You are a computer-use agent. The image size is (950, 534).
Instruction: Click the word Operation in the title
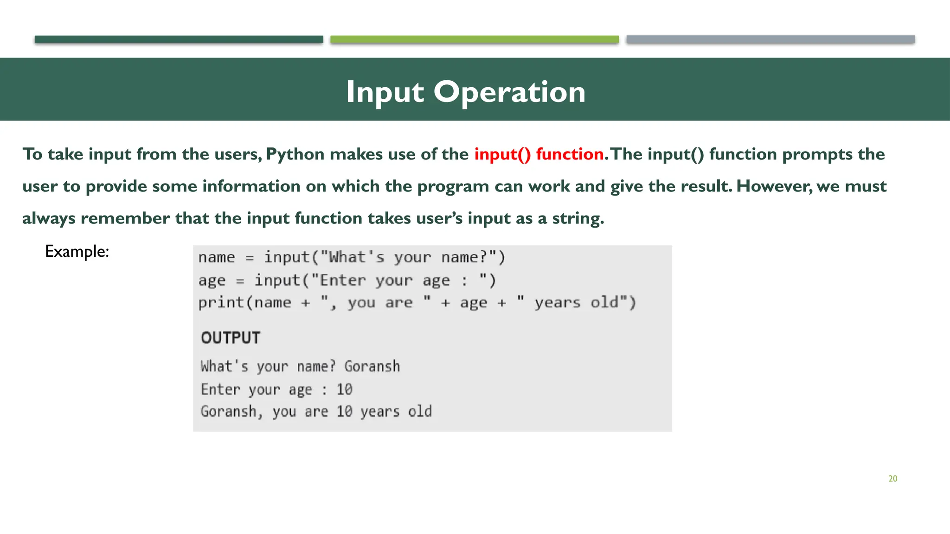pyautogui.click(x=509, y=92)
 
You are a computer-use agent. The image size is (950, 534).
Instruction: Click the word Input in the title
pyautogui.click(x=385, y=92)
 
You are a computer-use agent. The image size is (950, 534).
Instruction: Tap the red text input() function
pyautogui.click(x=539, y=154)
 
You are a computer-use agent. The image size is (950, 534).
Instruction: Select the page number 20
pyautogui.click(x=892, y=478)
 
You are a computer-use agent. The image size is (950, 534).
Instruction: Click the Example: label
pyautogui.click(x=77, y=251)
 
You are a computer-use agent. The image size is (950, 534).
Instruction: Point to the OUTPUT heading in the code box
pyautogui.click(x=231, y=337)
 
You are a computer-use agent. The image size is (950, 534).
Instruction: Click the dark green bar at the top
pyautogui.click(x=179, y=39)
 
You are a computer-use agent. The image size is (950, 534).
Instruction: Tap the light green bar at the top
pyautogui.click(x=474, y=39)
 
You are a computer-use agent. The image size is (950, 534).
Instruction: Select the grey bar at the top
pyautogui.click(x=770, y=39)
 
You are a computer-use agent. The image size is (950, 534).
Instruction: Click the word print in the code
pyautogui.click(x=221, y=303)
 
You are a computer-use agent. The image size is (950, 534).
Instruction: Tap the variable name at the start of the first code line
pyautogui.click(x=217, y=257)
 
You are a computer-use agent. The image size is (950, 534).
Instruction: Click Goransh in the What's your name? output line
pyautogui.click(x=372, y=366)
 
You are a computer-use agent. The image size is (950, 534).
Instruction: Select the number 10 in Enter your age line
pyautogui.click(x=344, y=389)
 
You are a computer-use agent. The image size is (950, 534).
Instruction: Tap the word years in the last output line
pyautogui.click(x=380, y=412)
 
